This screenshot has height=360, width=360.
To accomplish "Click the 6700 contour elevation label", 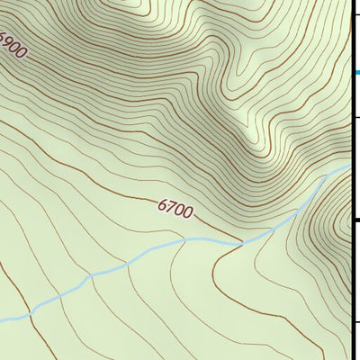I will (175, 210).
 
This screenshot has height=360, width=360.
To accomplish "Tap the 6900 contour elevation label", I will (12, 44).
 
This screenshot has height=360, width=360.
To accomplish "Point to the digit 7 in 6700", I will (170, 208).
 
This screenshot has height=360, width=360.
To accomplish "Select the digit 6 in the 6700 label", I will (162, 205).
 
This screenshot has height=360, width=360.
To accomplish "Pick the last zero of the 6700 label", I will (186, 213).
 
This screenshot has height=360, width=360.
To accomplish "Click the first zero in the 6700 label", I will (178, 211).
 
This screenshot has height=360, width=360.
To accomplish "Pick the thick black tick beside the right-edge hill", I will (355, 219).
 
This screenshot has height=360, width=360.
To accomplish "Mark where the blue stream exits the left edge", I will (2, 320).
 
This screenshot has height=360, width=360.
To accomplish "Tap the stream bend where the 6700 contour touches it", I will (241, 241).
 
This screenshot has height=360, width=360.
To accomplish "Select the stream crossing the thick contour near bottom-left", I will (30, 314).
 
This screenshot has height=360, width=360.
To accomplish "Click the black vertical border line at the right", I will (351, 270).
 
